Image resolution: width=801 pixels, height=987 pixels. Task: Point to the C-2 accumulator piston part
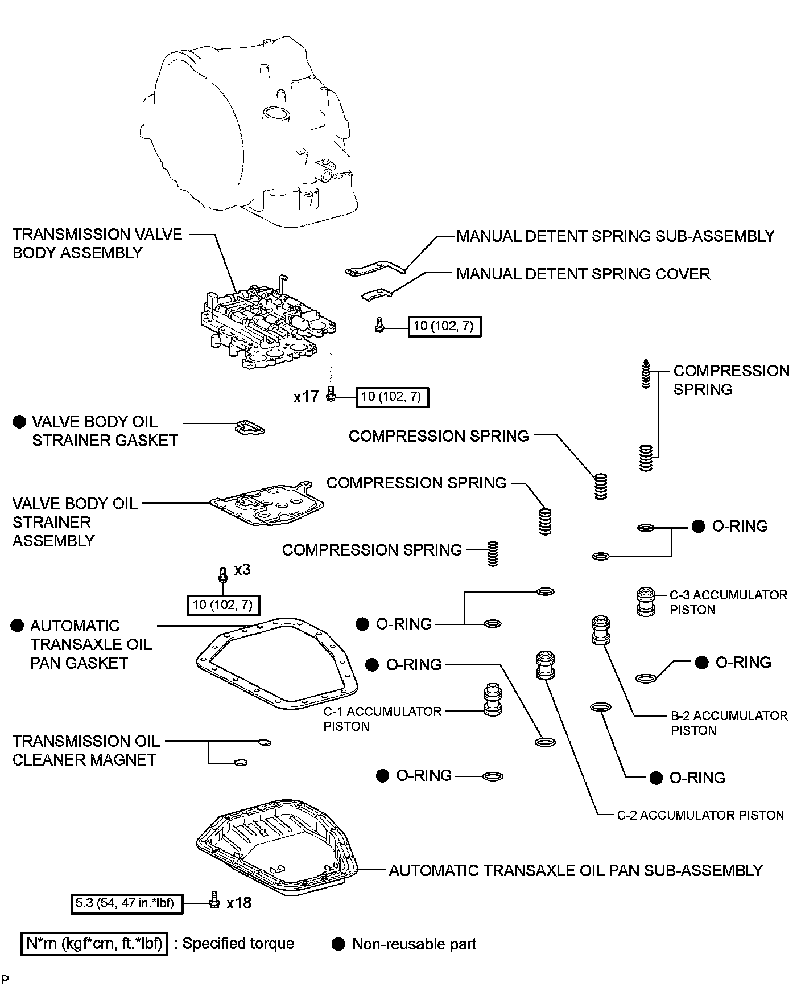tap(544, 665)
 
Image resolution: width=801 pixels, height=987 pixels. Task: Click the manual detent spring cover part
tap(377, 294)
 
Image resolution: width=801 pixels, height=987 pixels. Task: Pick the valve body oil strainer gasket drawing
tap(250, 427)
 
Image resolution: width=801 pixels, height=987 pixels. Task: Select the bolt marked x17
tap(332, 394)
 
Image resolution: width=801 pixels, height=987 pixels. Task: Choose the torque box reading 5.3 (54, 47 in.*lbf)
tap(127, 903)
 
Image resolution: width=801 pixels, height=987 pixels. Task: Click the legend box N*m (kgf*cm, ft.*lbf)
tap(94, 944)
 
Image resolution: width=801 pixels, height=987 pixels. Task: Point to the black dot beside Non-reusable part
tap(338, 944)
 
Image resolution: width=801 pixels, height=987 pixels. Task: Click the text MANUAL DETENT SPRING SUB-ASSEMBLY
tap(615, 236)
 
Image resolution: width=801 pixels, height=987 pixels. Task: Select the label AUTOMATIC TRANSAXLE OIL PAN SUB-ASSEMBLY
tap(575, 870)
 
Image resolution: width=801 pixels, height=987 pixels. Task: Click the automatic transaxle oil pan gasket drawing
tap(277, 663)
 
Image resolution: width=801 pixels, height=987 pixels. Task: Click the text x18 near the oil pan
tap(238, 903)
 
